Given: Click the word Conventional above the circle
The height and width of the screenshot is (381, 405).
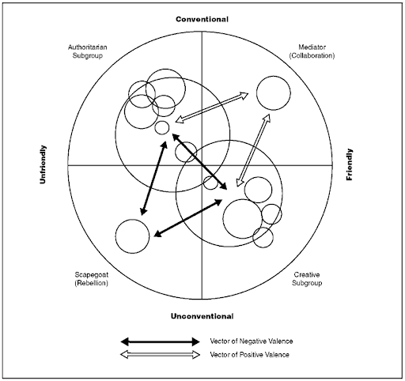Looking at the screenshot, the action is pyautogui.click(x=202, y=19).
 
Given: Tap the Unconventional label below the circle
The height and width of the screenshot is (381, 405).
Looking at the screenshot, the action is pyautogui.click(x=202, y=316).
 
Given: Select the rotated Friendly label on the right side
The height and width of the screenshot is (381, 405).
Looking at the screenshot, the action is pyautogui.click(x=349, y=164).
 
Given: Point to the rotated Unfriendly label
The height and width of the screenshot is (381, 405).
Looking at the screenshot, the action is pyautogui.click(x=43, y=164).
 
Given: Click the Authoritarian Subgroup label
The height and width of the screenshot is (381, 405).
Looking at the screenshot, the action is pyautogui.click(x=88, y=51).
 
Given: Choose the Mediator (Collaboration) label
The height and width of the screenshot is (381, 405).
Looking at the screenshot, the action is pyautogui.click(x=312, y=51).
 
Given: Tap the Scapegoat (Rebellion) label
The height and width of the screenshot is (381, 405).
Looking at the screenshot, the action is pyautogui.click(x=92, y=279).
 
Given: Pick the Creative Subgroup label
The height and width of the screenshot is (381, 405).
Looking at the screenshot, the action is pyautogui.click(x=307, y=279).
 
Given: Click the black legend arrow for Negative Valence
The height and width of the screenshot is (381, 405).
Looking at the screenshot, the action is pyautogui.click(x=160, y=341).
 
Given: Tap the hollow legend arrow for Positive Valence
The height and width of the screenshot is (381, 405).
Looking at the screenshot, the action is pyautogui.click(x=160, y=355).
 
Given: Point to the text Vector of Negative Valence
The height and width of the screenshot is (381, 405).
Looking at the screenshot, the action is pyautogui.click(x=252, y=341).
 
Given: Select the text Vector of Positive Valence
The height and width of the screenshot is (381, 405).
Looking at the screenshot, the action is pyautogui.click(x=249, y=355).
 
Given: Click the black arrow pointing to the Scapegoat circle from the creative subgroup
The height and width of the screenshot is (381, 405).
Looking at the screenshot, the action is pyautogui.click(x=188, y=217).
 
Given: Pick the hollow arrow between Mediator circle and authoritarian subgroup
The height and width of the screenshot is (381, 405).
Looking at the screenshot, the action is pyautogui.click(x=212, y=108).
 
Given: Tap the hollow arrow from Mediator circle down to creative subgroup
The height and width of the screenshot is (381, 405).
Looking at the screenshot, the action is pyautogui.click(x=253, y=150).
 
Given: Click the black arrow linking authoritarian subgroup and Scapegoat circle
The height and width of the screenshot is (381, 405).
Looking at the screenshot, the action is pyautogui.click(x=153, y=179).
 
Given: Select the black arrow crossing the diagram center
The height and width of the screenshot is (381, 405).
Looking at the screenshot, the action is pyautogui.click(x=199, y=161).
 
